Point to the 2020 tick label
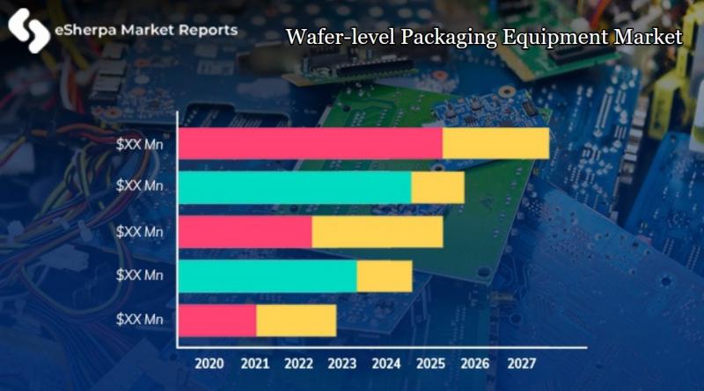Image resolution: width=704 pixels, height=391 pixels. (x=209, y=362)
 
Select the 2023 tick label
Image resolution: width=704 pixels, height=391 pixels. (x=341, y=362)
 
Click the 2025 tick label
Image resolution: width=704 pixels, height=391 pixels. (x=431, y=362)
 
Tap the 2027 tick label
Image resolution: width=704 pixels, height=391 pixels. (x=521, y=362)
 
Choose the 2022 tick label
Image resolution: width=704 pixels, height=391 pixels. (x=297, y=362)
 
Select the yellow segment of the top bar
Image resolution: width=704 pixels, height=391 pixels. (x=495, y=144)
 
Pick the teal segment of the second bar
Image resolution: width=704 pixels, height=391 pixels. (x=295, y=188)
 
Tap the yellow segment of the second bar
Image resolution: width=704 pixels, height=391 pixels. (x=437, y=188)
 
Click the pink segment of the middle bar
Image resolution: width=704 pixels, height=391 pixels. (x=246, y=232)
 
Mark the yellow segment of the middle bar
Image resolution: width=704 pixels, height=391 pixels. (x=378, y=232)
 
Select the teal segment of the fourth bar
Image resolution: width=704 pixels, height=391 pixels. (x=268, y=276)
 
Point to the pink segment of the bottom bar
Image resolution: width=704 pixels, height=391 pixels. (x=217, y=320)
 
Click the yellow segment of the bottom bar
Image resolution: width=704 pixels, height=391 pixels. (x=296, y=320)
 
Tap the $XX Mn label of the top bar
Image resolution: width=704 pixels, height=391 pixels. (x=142, y=142)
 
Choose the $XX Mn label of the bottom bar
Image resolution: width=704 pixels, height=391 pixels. (x=142, y=318)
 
